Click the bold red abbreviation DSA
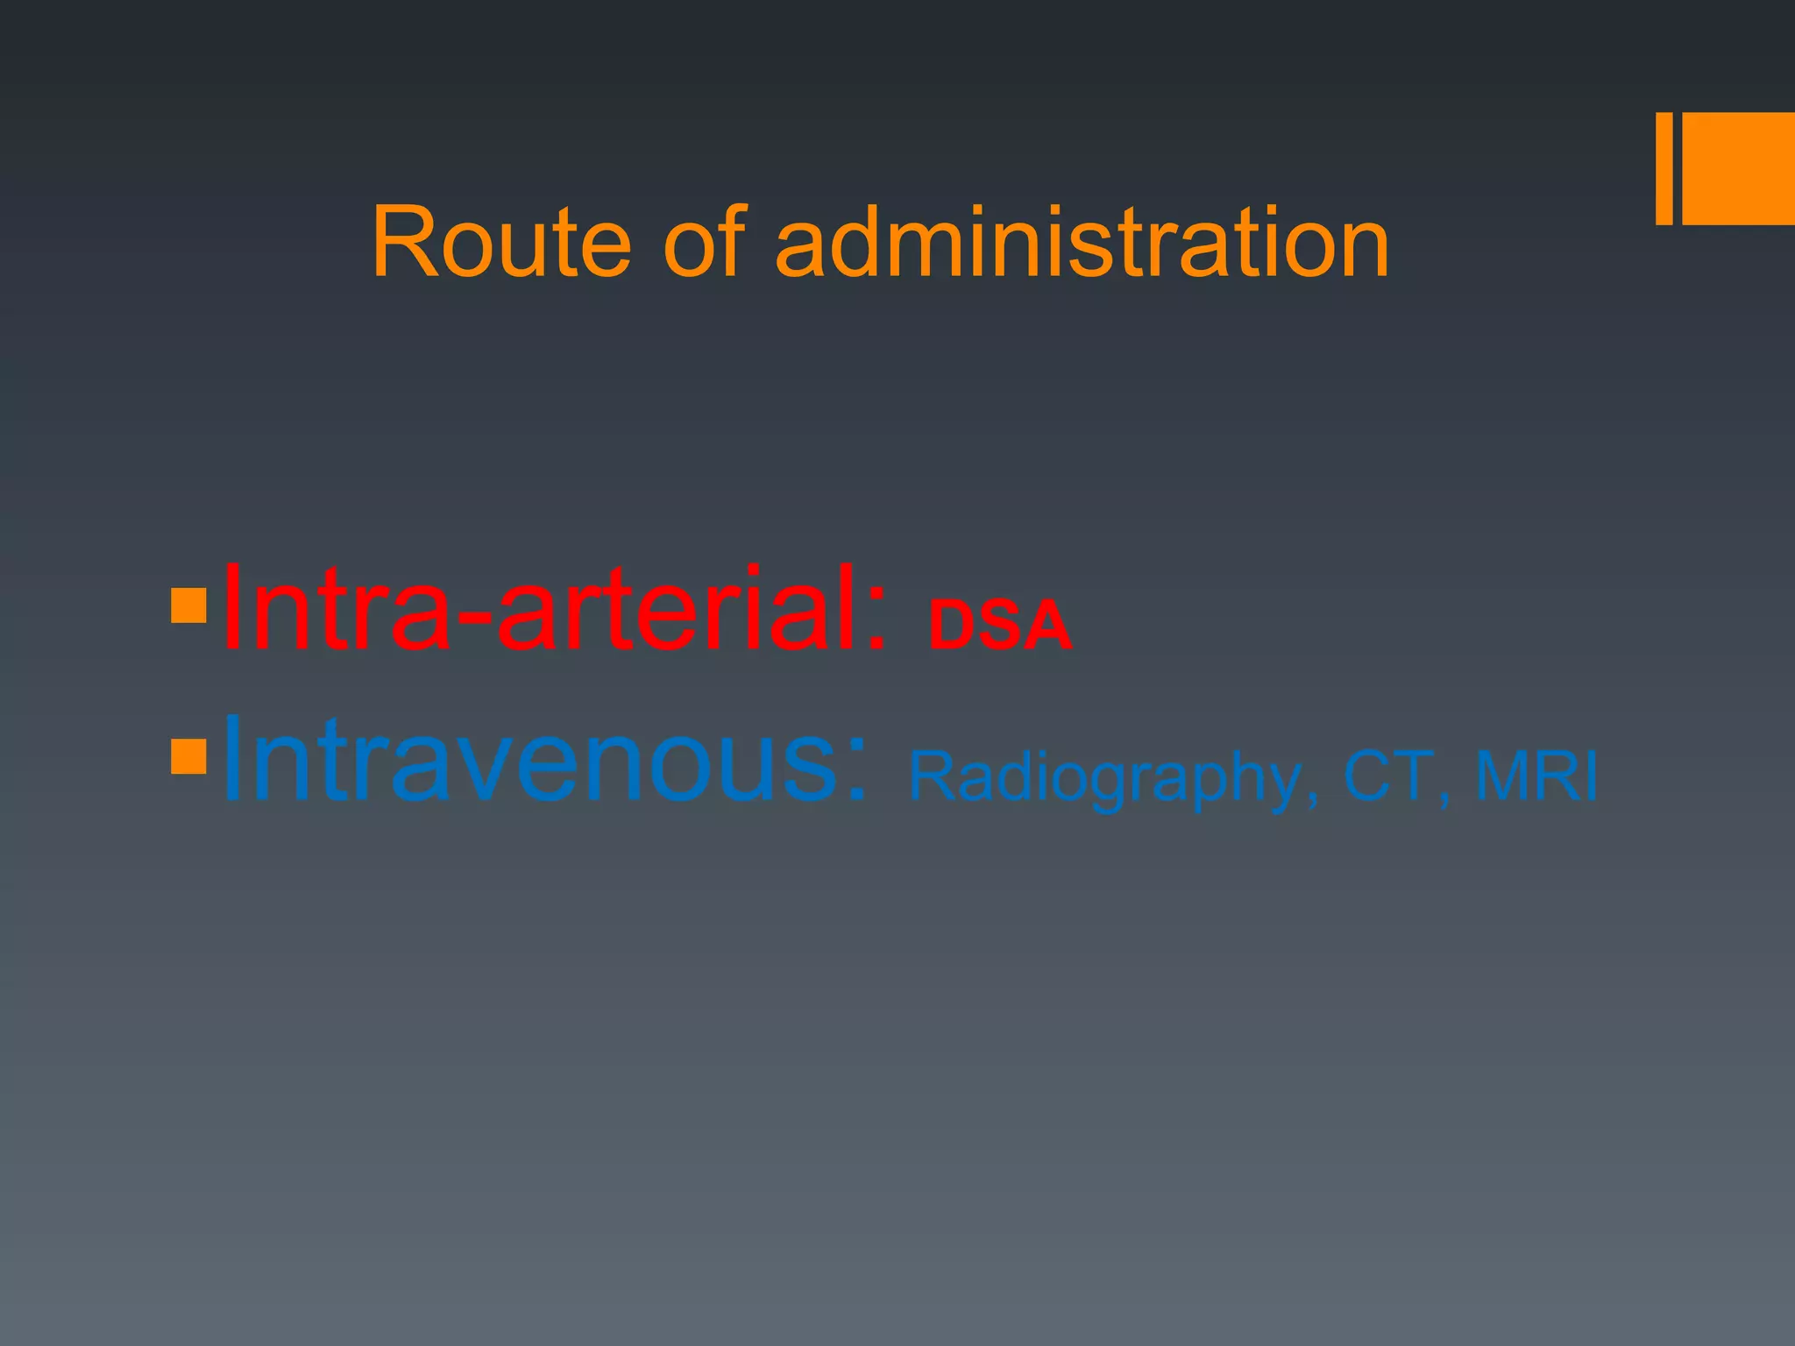pyautogui.click(x=1000, y=625)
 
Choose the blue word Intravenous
pyautogui.click(x=543, y=759)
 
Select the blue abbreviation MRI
pyautogui.click(x=1536, y=776)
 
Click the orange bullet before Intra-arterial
pyautogui.click(x=188, y=606)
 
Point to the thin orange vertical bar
pyautogui.click(x=1664, y=168)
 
